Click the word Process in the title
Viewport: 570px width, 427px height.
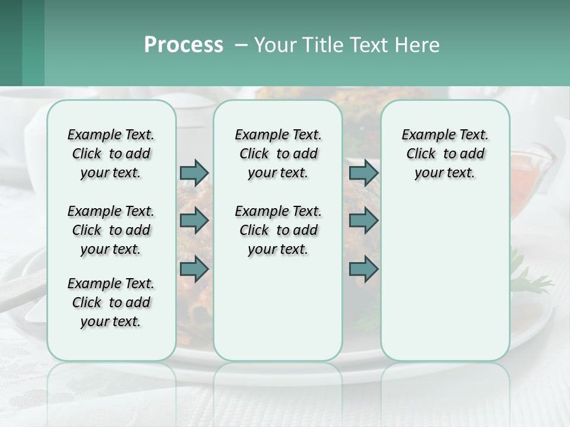[183, 45]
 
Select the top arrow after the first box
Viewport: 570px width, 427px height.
[194, 173]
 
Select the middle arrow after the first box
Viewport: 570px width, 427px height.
[194, 221]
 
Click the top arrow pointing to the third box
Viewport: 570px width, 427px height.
[363, 173]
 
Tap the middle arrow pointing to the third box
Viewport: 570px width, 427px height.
[363, 221]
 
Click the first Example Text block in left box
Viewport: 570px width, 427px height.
[111, 154]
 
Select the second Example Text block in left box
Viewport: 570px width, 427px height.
[111, 230]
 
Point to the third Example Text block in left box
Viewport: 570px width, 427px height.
[111, 302]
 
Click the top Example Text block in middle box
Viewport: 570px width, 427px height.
[278, 154]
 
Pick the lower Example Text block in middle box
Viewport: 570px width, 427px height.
[278, 230]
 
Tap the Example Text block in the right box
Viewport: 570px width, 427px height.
[445, 154]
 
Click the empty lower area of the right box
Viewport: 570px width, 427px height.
[445, 279]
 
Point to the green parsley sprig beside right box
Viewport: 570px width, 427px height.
[531, 276]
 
